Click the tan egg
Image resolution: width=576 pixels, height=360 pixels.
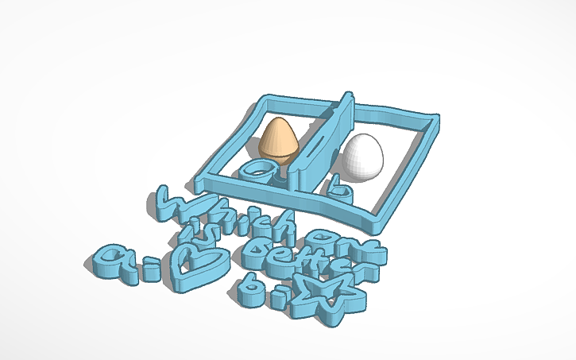279,141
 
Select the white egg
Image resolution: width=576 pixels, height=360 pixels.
361,156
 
